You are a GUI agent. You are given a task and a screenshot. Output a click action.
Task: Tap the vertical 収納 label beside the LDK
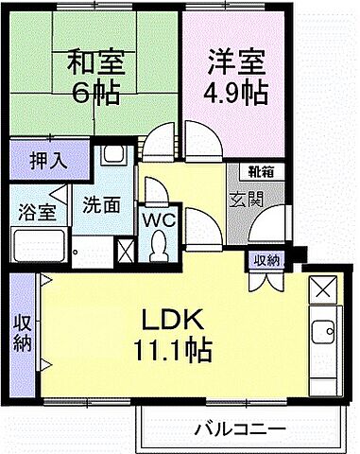[22, 333]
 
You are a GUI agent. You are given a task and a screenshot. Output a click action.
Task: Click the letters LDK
[173, 318]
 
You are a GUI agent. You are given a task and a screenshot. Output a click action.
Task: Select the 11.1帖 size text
[173, 349]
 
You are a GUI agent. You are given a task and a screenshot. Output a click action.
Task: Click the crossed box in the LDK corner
[322, 286]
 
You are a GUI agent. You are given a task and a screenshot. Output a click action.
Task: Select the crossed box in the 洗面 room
[125, 251]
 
